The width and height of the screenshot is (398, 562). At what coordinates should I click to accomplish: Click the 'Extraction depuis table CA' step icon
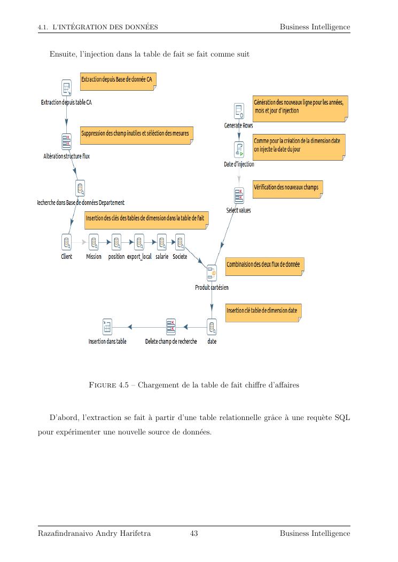tap(66, 88)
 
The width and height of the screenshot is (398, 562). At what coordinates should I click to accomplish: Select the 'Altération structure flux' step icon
tap(66, 141)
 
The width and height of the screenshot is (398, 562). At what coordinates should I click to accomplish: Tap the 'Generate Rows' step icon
tap(239, 111)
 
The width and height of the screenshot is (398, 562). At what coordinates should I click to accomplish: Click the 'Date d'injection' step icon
tap(239, 149)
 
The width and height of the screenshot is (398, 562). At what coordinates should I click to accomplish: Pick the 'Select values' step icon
tap(239, 195)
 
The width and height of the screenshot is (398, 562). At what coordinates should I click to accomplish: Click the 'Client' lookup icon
tap(67, 242)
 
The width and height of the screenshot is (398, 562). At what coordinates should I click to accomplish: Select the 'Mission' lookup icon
tap(94, 242)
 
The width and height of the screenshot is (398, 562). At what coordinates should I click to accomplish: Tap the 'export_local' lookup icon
tap(139, 242)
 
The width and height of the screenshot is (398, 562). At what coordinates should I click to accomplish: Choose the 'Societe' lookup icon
tap(180, 242)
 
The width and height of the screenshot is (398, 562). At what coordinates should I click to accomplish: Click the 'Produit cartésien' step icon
tap(212, 273)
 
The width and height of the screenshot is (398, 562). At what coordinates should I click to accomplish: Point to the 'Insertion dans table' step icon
tap(107, 326)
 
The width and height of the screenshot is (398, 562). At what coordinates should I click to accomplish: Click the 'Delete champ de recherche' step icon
tap(171, 326)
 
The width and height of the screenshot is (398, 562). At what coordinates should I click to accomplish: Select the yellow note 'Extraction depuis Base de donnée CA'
tap(119, 80)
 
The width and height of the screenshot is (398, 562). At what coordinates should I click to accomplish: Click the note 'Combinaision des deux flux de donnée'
tap(264, 265)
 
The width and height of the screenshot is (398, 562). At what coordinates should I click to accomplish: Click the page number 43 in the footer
tap(194, 533)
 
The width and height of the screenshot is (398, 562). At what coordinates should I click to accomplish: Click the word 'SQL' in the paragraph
tap(342, 417)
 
